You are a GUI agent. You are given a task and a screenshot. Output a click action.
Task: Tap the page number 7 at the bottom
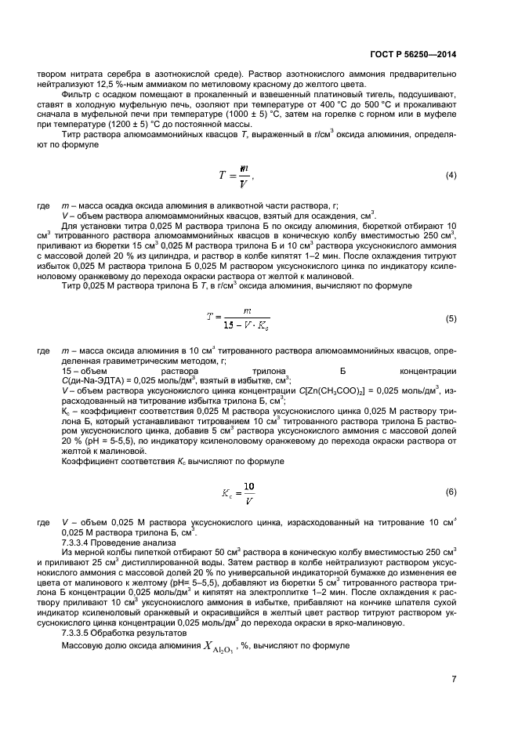tap(454, 678)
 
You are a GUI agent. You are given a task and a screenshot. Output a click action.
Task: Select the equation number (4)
tap(451, 175)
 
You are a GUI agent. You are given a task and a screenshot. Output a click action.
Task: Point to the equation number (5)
tap(451, 318)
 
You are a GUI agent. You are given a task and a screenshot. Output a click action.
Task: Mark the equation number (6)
tap(451, 492)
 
